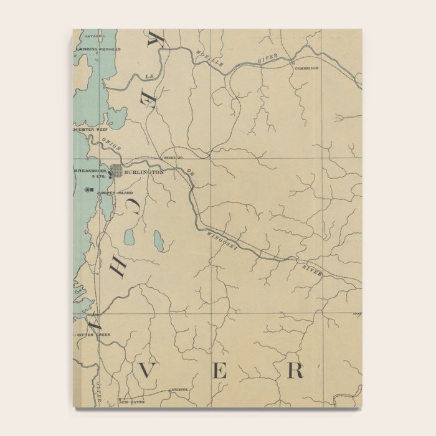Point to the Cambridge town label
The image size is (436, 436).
pos(307,67)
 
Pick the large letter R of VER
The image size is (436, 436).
pos(295,371)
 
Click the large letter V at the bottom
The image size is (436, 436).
pos(146,371)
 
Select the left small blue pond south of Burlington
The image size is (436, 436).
pos(130,237)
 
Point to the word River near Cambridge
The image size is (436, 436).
pos(267,58)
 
